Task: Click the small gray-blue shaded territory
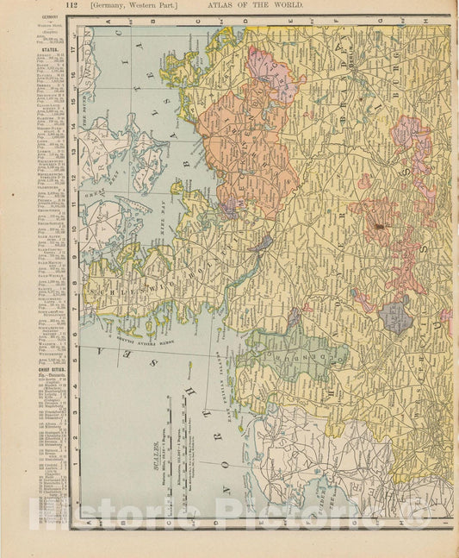pos(396,317)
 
